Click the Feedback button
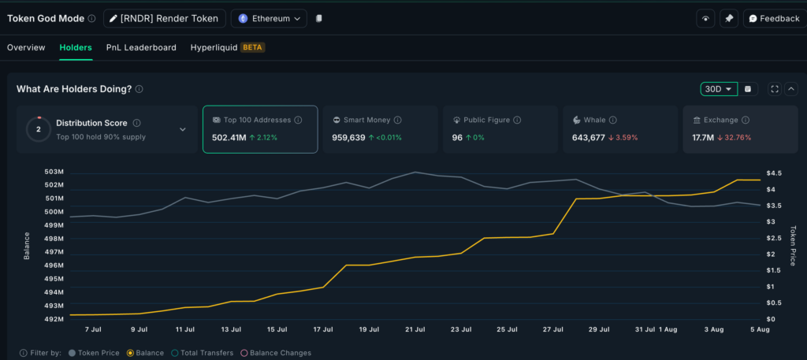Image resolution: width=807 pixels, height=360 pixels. point(773,18)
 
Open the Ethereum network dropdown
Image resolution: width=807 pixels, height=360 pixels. point(268,18)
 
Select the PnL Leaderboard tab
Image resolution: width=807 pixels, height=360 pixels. point(141,47)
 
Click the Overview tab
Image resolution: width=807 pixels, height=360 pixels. point(26,47)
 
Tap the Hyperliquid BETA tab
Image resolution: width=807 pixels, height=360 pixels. point(227,47)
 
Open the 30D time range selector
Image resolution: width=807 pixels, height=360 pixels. point(718,89)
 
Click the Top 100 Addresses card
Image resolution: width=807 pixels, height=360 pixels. point(260,128)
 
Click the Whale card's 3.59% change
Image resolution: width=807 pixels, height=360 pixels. point(625,138)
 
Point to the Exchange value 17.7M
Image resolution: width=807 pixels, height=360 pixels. point(703,138)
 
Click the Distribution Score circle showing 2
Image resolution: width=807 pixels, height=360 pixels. point(38,129)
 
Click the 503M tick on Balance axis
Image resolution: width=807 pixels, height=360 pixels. point(54,172)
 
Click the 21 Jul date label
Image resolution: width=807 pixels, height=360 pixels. point(415,329)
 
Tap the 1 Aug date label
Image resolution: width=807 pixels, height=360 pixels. point(668,329)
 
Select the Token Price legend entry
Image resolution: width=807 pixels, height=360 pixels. point(94,353)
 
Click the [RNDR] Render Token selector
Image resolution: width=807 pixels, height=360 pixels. point(165,18)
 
